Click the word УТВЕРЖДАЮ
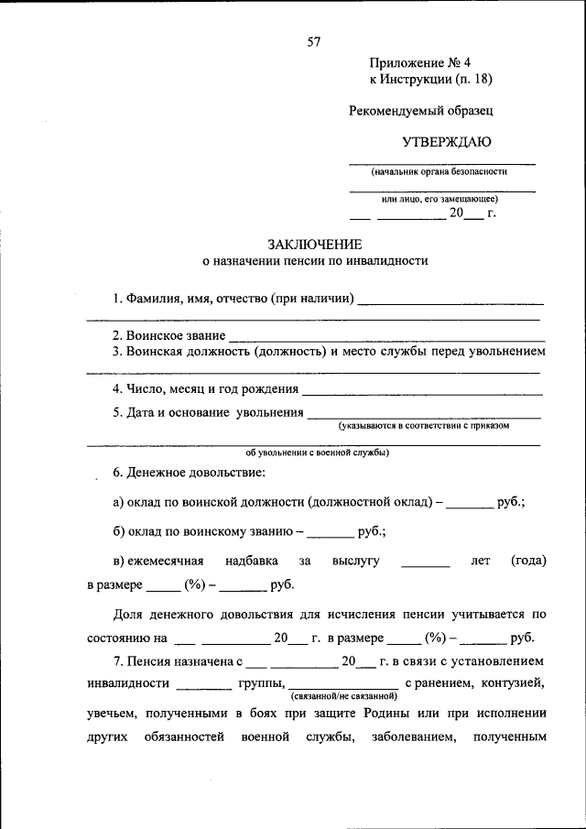[x=447, y=141]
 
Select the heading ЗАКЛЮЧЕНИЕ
[x=315, y=244]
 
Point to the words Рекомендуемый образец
[x=421, y=110]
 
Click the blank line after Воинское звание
[x=386, y=339]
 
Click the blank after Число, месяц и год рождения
[x=423, y=392]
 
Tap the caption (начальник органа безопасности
[x=439, y=171]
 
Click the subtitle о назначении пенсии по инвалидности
[x=315, y=261]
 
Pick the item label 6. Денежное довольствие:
[x=189, y=473]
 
